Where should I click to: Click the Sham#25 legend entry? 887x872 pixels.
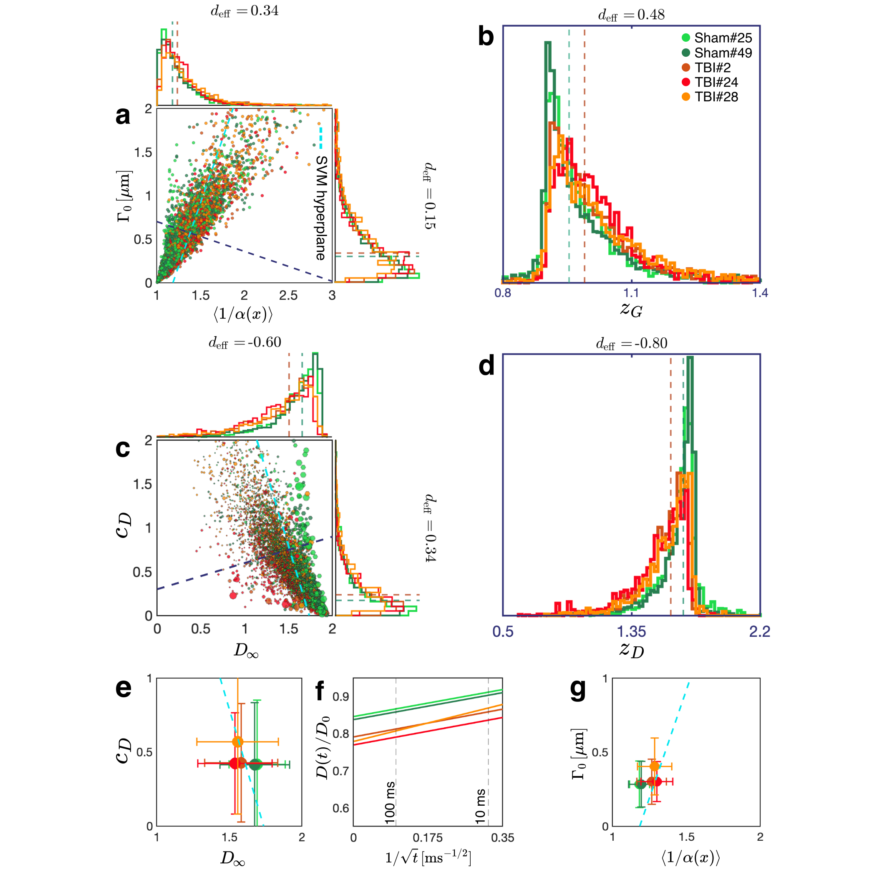point(716,38)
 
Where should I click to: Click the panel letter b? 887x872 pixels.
point(486,37)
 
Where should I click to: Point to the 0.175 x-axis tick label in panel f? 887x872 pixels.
point(428,838)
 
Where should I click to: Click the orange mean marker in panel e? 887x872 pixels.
point(237,741)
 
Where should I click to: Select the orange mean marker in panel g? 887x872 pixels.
point(654,766)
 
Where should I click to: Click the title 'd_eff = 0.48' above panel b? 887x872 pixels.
point(631,15)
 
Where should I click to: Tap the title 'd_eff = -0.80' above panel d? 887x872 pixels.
point(631,344)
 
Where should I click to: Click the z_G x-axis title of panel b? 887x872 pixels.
point(631,309)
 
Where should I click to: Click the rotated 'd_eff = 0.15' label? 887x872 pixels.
point(429,195)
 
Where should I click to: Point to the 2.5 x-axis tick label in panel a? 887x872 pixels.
point(288,295)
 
